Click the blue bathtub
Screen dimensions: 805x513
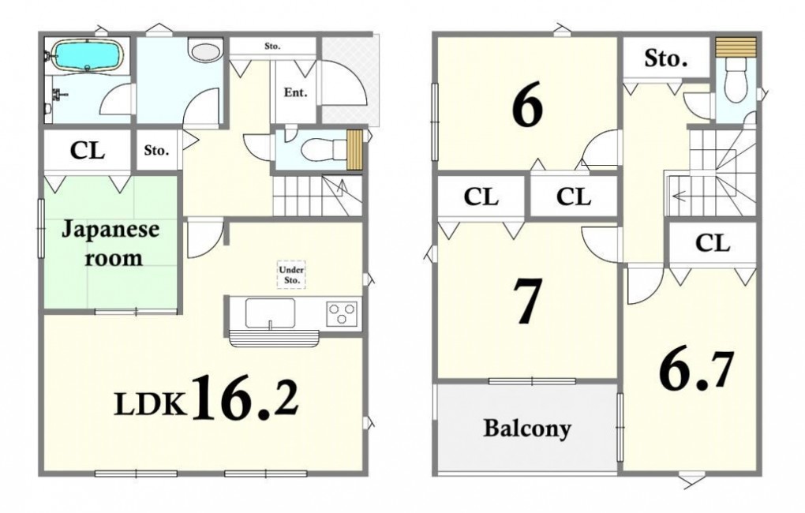tap(88, 55)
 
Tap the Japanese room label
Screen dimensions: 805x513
tap(110, 243)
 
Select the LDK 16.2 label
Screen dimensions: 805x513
tap(207, 398)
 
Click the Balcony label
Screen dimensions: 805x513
tap(526, 429)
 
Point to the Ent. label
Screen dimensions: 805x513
tap(296, 93)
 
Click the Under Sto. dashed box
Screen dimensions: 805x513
tap(291, 275)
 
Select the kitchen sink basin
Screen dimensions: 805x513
tap(270, 313)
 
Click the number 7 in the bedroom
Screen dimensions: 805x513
tap(528, 301)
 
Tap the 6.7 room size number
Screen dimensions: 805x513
tap(695, 370)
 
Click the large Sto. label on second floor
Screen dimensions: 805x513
tap(666, 58)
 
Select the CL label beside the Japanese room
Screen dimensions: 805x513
tap(88, 151)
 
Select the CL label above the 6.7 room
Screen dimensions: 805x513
tap(713, 243)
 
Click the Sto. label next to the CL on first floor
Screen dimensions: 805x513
tap(156, 151)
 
